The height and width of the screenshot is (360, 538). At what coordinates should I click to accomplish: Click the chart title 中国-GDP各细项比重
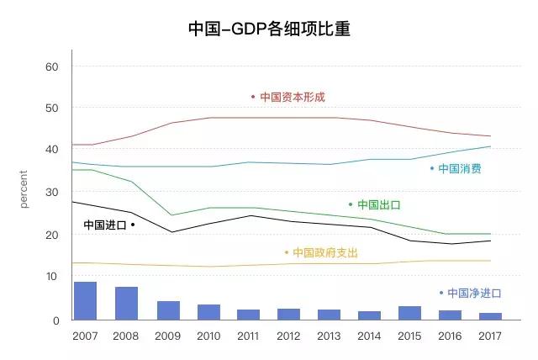(269, 29)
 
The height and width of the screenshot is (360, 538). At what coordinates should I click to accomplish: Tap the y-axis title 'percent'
(24, 189)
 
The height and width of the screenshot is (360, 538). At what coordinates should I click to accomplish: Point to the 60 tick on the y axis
(52, 66)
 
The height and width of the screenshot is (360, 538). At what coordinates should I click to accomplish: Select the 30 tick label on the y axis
(52, 193)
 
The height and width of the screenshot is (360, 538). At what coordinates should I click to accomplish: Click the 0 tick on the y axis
(55, 320)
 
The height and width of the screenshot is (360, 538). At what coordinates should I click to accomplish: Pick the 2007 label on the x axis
(85, 336)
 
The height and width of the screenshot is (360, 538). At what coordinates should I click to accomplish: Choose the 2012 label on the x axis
(288, 336)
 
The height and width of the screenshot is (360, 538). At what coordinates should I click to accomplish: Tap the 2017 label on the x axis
(491, 336)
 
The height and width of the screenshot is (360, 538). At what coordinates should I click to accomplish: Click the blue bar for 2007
(85, 301)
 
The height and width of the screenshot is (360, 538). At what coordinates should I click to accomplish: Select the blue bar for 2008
(126, 304)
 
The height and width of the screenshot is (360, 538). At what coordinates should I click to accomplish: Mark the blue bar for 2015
(409, 313)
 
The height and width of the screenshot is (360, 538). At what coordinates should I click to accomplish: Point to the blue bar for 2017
(491, 316)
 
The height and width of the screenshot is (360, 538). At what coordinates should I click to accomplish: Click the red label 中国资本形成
(292, 98)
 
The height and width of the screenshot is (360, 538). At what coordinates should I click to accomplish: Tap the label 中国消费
(460, 169)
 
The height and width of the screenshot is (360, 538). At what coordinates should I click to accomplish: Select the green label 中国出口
(378, 204)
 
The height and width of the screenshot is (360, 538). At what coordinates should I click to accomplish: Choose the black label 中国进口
(105, 225)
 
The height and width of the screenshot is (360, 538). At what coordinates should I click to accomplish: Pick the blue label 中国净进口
(473, 294)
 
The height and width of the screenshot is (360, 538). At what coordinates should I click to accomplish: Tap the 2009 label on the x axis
(166, 336)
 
